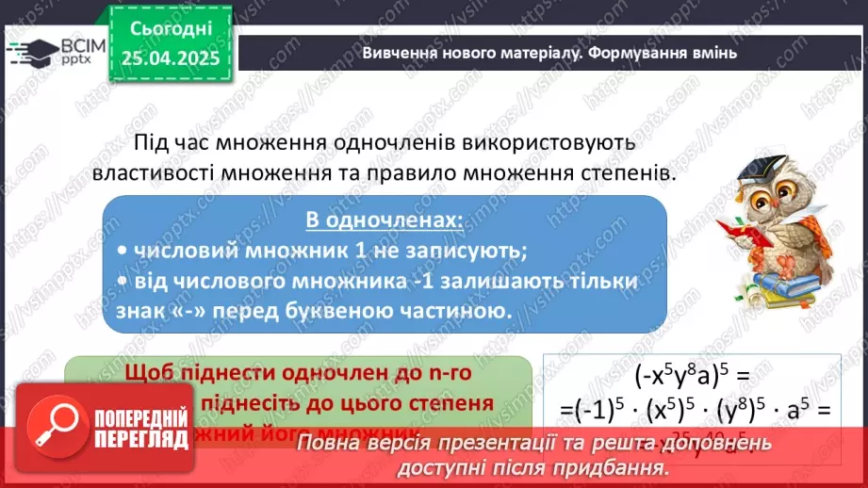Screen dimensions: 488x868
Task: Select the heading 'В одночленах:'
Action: click(385, 220)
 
